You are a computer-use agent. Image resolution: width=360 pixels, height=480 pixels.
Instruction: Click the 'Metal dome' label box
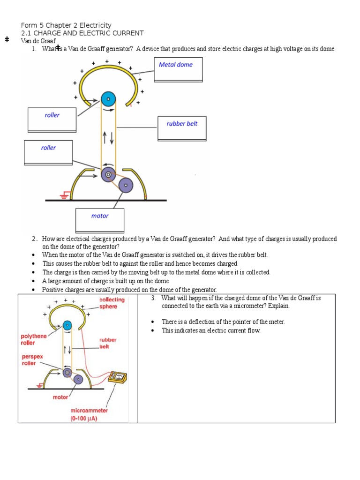pos(179,69)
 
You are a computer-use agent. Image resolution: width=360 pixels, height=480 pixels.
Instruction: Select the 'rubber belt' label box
pos(182,128)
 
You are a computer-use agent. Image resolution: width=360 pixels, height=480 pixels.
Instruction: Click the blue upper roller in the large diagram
pos(108,99)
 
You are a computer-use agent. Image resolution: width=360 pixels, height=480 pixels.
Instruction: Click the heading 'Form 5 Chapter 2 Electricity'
pos(66,25)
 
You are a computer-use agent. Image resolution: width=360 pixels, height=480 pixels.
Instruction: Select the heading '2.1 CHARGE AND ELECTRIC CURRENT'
pos(82,33)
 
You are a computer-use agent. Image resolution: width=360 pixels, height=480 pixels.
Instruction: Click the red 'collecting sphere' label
pos(112,303)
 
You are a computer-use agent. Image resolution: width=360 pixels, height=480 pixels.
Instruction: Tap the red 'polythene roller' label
pos(34,339)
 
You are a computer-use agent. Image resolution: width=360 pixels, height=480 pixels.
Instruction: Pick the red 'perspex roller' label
pos(32,360)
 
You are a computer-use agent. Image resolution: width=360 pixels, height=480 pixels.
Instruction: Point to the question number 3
pos(153,298)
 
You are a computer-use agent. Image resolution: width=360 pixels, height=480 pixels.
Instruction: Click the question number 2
pos(34,239)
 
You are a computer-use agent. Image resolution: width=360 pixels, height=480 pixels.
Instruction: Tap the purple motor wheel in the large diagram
pos(126,186)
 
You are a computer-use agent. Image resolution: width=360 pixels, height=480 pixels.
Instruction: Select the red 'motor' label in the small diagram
pos(60,397)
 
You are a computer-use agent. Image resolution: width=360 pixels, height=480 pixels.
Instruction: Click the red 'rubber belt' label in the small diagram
pos(107,343)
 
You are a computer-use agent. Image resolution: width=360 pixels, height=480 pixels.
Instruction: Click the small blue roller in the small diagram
pos(67,325)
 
